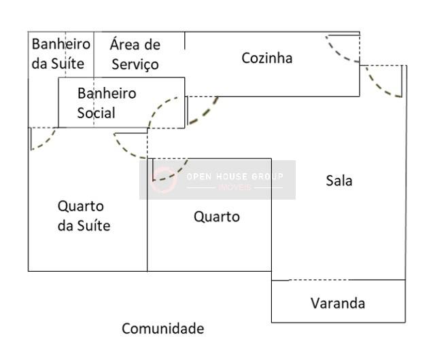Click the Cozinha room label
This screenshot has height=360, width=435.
pos(267,58)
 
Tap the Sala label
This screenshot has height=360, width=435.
pos(339,181)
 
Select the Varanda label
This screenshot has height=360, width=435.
pos(338,303)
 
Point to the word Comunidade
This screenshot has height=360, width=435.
pos(162,329)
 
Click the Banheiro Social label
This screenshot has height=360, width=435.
pos(106,103)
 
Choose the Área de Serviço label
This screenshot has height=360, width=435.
pos(135,54)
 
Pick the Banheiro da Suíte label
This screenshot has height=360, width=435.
pos(60,54)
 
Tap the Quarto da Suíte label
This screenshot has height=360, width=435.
pos(84,215)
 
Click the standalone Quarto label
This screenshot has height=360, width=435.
pos(217,217)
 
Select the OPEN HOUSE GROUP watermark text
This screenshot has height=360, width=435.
pos(234,177)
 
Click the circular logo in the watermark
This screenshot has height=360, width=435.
pos(164,180)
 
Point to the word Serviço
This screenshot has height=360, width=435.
pos(135,65)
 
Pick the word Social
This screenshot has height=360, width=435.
pos(96,113)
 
